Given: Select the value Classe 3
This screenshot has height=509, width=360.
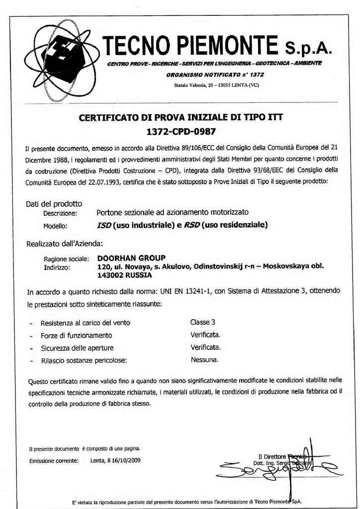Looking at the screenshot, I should (x=202, y=322).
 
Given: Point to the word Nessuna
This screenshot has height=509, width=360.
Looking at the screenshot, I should (x=204, y=359).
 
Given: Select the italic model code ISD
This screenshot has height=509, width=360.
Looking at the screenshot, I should (x=104, y=225).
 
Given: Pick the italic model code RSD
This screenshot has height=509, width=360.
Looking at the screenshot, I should (x=192, y=225).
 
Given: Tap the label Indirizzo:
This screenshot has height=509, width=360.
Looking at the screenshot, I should (x=57, y=267).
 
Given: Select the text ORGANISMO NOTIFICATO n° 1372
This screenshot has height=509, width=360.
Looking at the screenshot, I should (x=215, y=75).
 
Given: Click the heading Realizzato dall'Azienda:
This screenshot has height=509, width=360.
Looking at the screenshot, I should (x=64, y=244).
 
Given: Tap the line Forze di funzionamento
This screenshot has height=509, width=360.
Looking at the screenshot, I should (x=76, y=336).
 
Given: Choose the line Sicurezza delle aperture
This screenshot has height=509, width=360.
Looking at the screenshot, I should (x=77, y=347).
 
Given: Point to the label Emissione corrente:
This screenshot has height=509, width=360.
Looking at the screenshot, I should (x=54, y=461).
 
